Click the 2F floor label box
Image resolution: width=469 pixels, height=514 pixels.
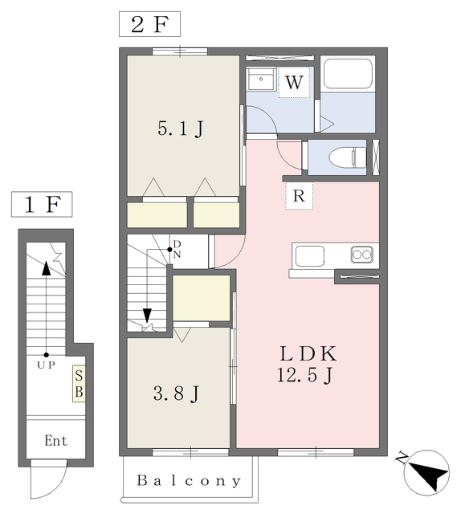tap(149, 24)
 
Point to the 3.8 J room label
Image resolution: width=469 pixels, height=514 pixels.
tap(176, 393)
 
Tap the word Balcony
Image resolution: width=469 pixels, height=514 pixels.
tap(188, 482)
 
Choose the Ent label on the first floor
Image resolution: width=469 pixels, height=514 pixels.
tap(55, 441)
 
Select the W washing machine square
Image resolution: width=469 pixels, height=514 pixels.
tap(294, 82)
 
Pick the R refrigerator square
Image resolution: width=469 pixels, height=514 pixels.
tap(299, 195)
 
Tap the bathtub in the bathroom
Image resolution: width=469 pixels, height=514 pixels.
tap(347, 75)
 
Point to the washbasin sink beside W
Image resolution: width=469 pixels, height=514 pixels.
tap(260, 81)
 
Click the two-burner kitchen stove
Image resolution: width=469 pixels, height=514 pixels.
tap(361, 255)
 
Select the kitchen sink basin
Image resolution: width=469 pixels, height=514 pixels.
tap(310, 256)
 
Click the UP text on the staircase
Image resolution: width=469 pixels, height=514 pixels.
tap(45, 364)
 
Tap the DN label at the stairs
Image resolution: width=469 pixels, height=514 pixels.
tap(177, 248)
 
